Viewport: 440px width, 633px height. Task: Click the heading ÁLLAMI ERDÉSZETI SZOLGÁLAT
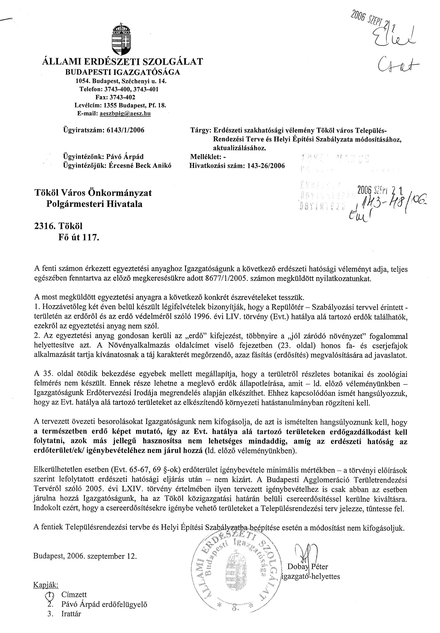point(122,61)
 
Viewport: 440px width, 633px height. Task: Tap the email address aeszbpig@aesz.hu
point(125,113)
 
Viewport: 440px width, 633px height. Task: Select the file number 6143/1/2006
point(125,130)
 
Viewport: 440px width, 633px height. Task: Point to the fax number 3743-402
point(122,97)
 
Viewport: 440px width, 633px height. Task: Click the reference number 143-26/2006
point(264,166)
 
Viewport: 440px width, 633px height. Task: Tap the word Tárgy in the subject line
point(200,130)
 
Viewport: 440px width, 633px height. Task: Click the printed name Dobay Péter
point(308,566)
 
